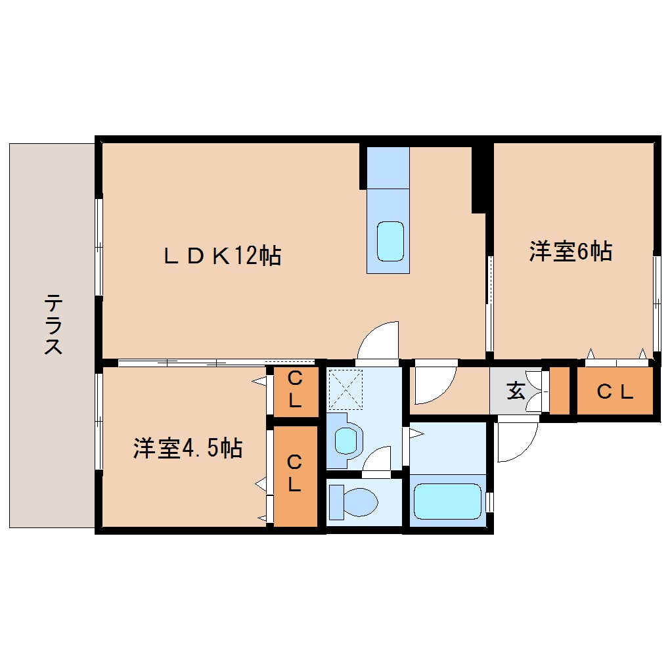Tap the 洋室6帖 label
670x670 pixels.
tap(571, 252)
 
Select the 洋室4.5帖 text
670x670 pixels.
tap(188, 448)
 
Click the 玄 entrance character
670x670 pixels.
tap(516, 391)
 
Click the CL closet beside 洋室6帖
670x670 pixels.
tap(615, 391)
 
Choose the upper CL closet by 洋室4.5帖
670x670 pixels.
tap(295, 390)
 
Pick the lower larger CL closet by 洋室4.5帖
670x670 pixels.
tap(295, 474)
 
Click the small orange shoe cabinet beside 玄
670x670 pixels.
tap(559, 391)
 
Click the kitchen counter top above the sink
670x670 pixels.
tap(388, 167)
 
